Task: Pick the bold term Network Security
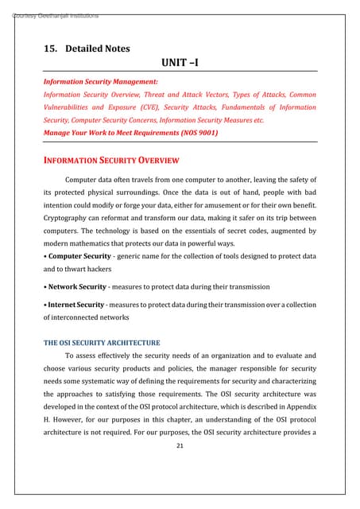[79, 286]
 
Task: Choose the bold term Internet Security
[78, 305]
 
